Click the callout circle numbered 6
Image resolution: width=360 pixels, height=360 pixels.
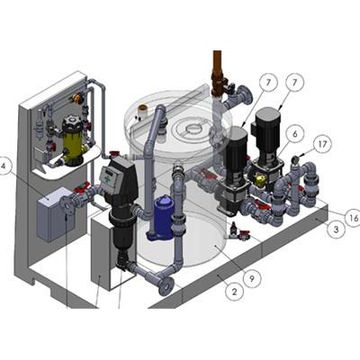(294, 134)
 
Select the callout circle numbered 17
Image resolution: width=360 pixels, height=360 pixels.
(322, 145)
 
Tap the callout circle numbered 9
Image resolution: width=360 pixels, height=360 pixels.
(251, 279)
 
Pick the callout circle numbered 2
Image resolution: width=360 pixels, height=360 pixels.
(234, 291)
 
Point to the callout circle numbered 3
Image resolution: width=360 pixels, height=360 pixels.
(336, 229)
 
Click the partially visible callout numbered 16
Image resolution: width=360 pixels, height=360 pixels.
(353, 217)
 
